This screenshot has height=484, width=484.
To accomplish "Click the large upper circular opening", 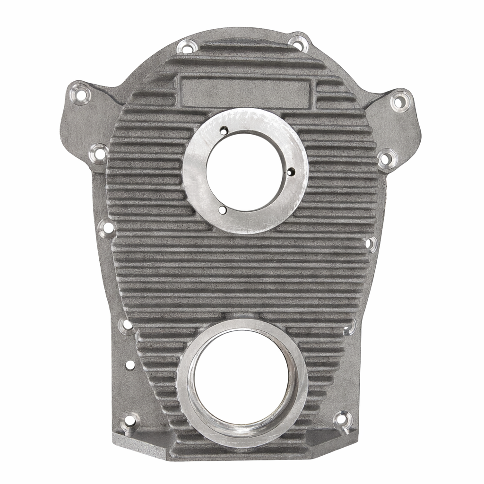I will (x=245, y=171).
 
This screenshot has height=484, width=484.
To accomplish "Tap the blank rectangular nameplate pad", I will (x=246, y=93).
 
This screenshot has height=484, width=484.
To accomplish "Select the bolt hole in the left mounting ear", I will (x=80, y=95).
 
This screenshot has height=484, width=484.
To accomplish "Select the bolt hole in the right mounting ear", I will (x=400, y=101).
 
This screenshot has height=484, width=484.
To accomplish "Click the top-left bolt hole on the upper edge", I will (x=187, y=47).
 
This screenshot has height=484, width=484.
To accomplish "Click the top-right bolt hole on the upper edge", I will (x=299, y=43).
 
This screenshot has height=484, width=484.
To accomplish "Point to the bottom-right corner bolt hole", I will (x=342, y=419).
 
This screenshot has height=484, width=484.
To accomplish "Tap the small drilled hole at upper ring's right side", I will (x=291, y=172).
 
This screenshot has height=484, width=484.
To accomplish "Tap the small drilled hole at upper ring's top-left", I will (x=224, y=131).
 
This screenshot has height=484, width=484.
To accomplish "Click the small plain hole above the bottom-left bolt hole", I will (x=130, y=365).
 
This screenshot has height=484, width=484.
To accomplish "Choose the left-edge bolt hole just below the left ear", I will (x=99, y=154).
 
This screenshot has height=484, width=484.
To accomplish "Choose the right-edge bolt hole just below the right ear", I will (x=386, y=159).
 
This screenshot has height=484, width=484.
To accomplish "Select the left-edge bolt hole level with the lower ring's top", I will (x=127, y=325).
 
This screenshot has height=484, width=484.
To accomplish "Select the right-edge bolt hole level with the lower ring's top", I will (x=351, y=327).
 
